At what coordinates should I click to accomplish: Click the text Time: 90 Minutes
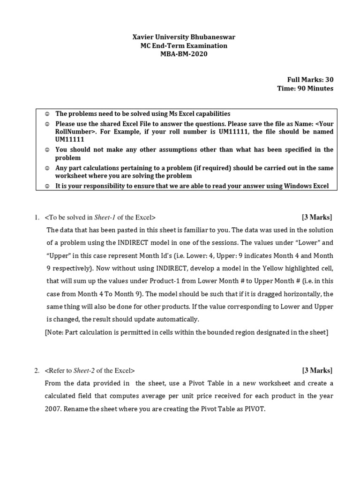pyautogui.click(x=307, y=89)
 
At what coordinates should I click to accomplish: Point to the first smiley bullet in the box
pyautogui.click(x=46, y=114)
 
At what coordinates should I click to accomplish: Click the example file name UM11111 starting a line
pyautogui.click(x=70, y=140)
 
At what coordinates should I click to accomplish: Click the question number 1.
pyautogui.click(x=36, y=217)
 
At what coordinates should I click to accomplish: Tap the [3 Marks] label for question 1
pyautogui.click(x=317, y=217)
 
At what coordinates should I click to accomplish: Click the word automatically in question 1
pyautogui.click(x=177, y=319)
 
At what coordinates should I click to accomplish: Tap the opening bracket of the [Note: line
pyautogui.click(x=46, y=332)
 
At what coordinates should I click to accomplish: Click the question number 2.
pyautogui.click(x=36, y=371)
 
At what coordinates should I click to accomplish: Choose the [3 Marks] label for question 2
pyautogui.click(x=317, y=370)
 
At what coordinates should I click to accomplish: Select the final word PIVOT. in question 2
pyautogui.click(x=253, y=409)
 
